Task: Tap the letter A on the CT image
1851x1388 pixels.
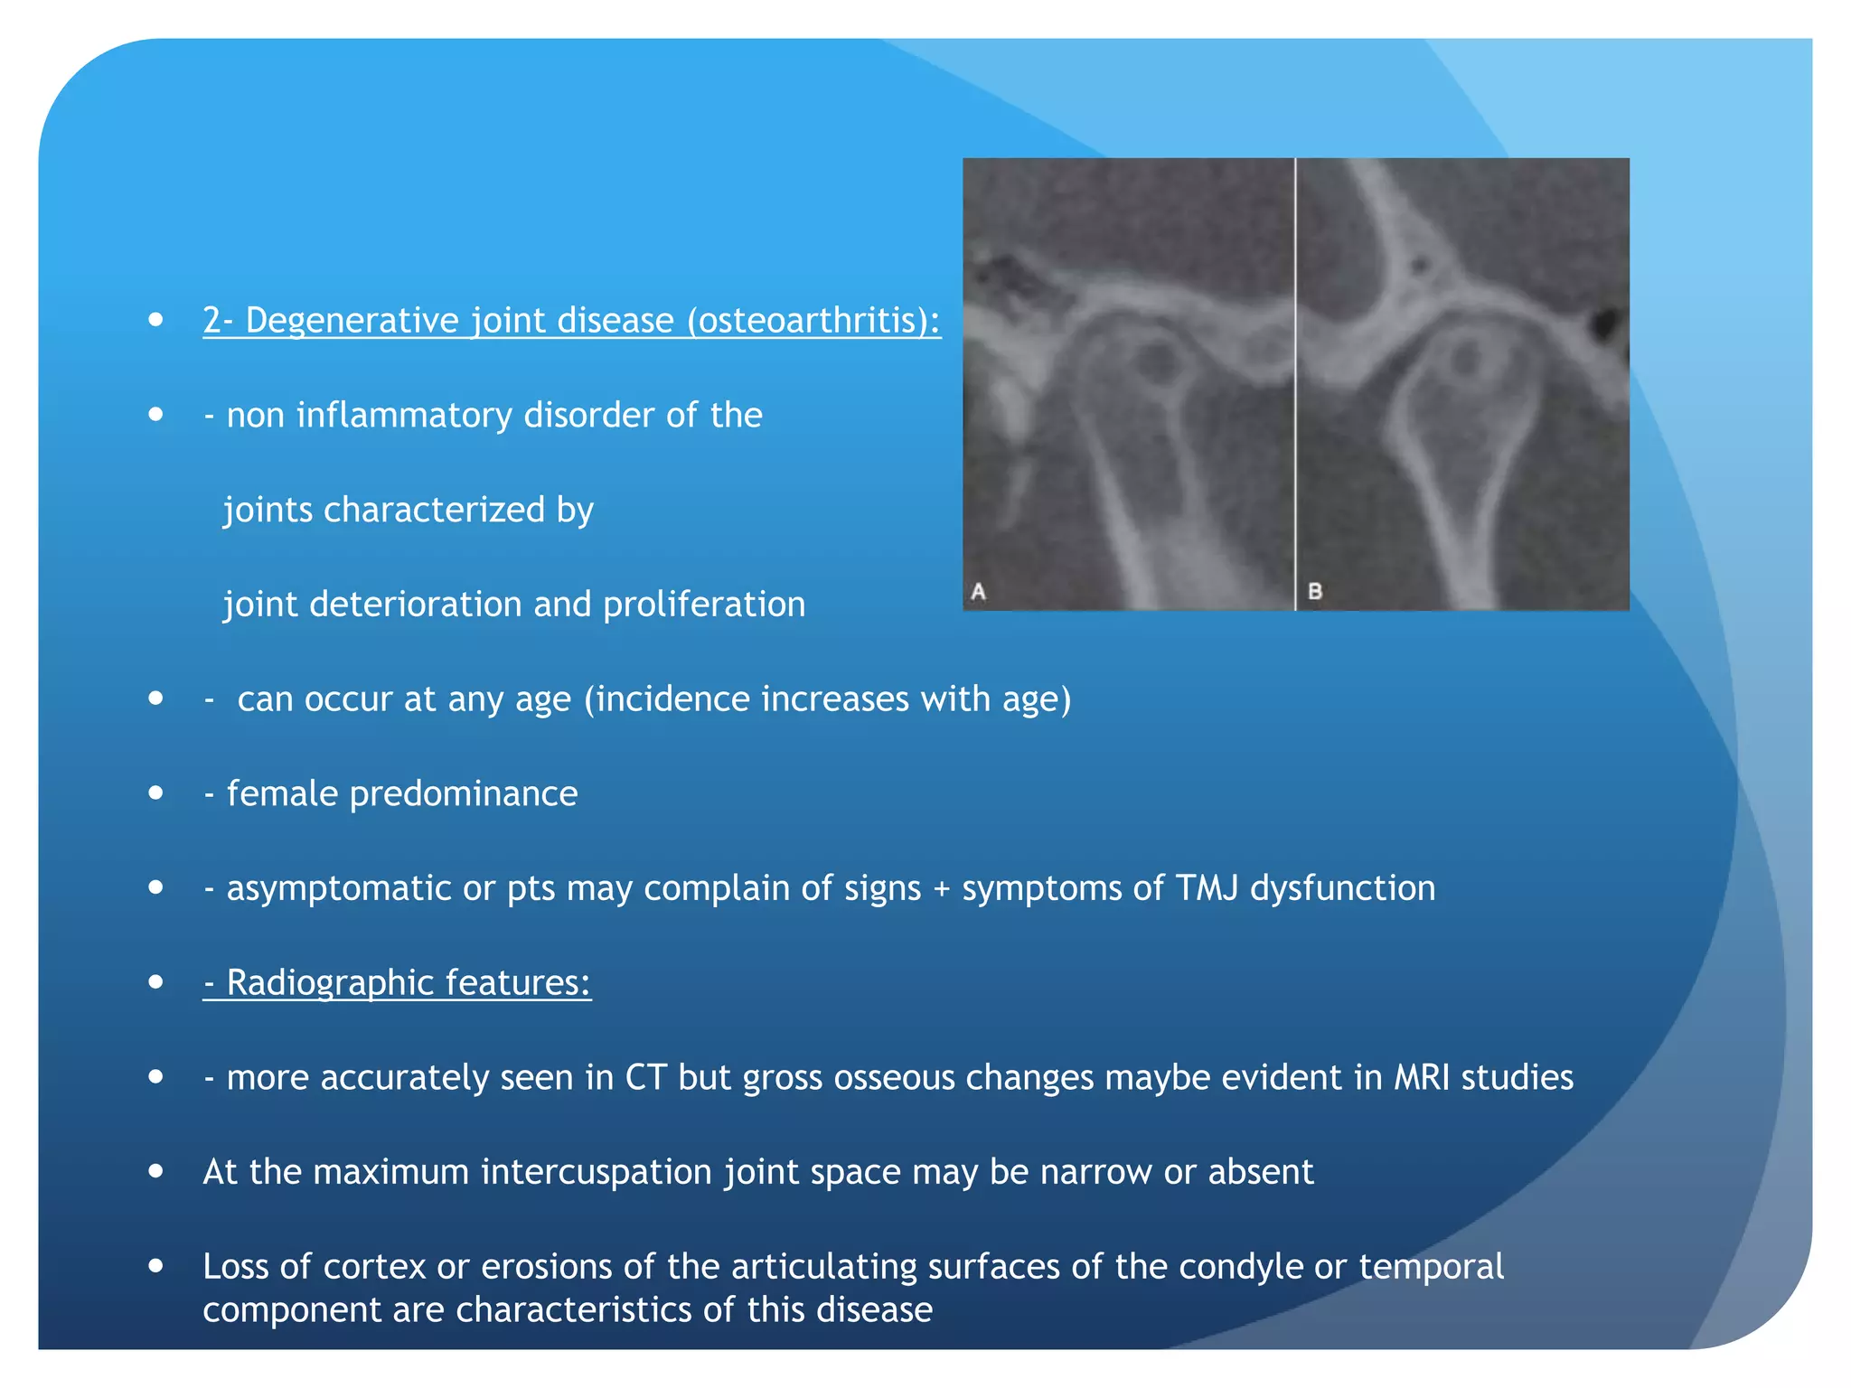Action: tap(978, 592)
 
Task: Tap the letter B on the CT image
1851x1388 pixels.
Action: tap(1315, 592)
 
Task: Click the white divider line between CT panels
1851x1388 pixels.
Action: tap(1295, 384)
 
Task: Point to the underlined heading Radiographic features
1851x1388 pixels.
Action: tap(398, 982)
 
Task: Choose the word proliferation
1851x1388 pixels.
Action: tap(703, 605)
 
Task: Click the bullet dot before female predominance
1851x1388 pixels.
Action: tap(156, 793)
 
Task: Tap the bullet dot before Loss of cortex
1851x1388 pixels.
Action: tap(156, 1266)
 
